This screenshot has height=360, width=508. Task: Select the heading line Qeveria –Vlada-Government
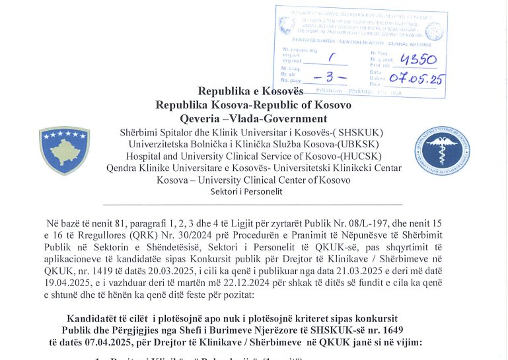254,119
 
